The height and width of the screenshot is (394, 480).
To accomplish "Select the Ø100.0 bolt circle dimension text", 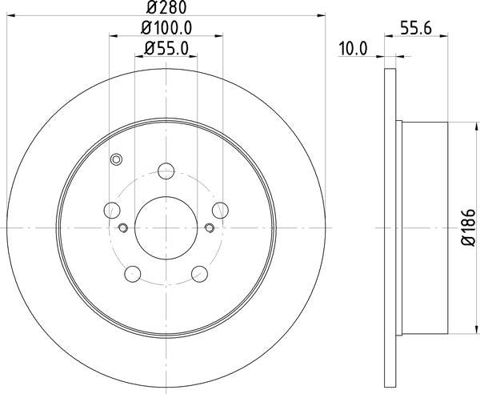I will coord(166,29).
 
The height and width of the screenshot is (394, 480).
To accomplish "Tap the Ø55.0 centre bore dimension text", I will coord(166,49).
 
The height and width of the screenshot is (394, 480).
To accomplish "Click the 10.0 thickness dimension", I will coord(352,49).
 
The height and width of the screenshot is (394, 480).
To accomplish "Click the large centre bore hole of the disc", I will coord(166,227).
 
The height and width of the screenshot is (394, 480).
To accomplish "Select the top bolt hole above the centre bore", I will coord(166,171).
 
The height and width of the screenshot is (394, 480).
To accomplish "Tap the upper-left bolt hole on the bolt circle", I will coord(113,210).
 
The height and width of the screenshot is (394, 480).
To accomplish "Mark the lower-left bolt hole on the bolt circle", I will coord(133,273).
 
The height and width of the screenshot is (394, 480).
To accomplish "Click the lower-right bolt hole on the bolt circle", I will coord(199,273).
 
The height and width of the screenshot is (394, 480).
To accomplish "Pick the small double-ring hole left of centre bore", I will coord(122,228).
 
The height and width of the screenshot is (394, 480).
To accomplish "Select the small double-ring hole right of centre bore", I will coord(210,228).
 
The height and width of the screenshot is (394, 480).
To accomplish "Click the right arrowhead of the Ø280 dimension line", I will coord(323,14).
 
